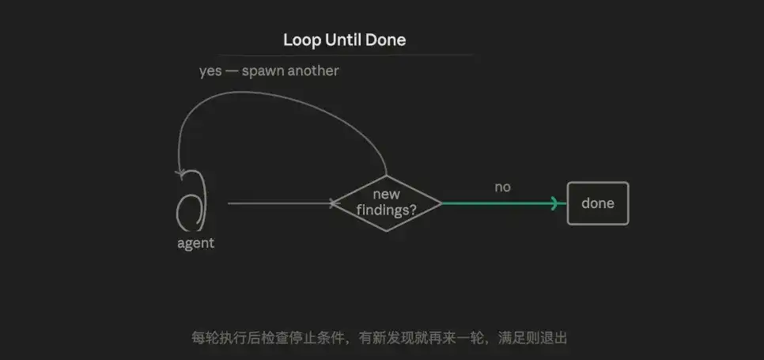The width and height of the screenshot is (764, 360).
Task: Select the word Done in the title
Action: [x=386, y=40]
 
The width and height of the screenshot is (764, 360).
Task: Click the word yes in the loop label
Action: [x=210, y=72]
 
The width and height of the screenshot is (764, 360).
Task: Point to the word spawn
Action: [x=263, y=72]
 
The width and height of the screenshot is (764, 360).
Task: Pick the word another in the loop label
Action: [x=313, y=70]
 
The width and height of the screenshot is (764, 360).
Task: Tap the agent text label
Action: [x=196, y=243]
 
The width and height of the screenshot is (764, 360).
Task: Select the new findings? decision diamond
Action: [x=387, y=203]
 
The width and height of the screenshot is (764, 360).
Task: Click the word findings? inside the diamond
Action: [x=387, y=210]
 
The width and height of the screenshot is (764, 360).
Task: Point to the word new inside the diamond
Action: [x=387, y=195]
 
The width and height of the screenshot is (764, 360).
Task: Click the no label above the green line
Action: [x=503, y=187]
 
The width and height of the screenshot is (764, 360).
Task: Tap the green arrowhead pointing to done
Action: [x=554, y=203]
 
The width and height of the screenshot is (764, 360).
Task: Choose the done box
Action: [x=598, y=203]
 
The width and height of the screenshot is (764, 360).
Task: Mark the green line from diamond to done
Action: [x=504, y=203]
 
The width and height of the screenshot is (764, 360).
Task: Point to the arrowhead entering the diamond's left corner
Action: [x=333, y=203]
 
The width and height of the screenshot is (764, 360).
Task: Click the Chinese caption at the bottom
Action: [x=380, y=338]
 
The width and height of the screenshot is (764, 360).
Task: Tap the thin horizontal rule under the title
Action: [x=345, y=55]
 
